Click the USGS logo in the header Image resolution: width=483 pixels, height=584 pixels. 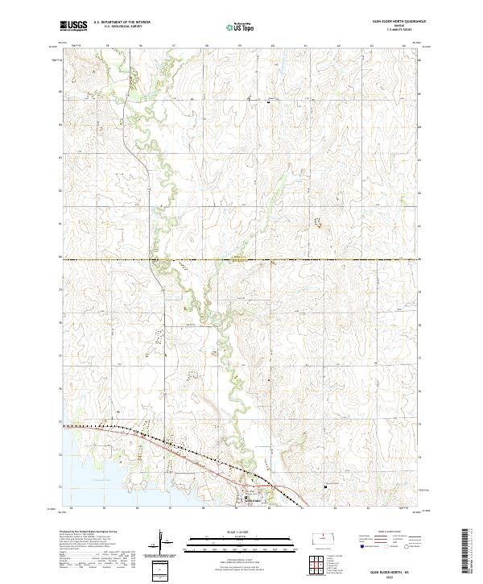(x=73, y=26)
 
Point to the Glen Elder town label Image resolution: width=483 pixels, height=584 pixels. (x=257, y=499)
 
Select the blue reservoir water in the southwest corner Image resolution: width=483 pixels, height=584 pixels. (x=76, y=467)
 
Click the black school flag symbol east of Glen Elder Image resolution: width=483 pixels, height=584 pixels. (x=325, y=487)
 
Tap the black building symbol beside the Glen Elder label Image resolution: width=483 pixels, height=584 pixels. (x=246, y=499)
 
